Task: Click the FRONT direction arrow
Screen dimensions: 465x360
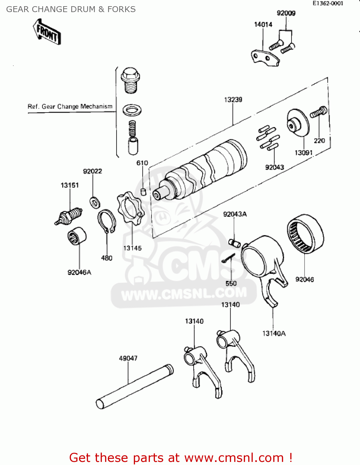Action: [x=47, y=32]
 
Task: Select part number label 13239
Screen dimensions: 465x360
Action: [x=233, y=100]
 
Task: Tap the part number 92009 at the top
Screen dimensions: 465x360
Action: [x=286, y=13]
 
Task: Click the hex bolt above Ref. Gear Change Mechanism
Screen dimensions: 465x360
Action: [x=130, y=80]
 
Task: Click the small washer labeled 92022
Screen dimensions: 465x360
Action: [x=95, y=202]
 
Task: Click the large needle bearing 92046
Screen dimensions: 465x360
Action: [x=305, y=233]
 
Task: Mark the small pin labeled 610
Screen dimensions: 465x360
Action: [x=143, y=191]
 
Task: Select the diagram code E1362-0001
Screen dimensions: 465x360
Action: [x=328, y=3]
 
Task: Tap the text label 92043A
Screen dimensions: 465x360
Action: [x=235, y=214]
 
